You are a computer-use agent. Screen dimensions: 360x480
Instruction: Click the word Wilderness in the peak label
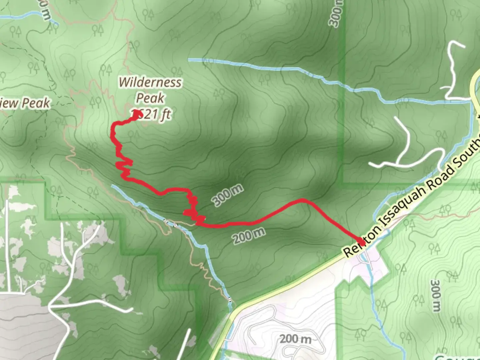[150, 82]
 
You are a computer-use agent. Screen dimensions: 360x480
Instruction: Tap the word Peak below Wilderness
[150, 98]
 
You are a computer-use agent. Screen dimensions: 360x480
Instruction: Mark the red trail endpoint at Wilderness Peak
[138, 114]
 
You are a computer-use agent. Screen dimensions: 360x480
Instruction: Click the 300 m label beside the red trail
[228, 196]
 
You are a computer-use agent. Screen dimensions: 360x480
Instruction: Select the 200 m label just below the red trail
[249, 236]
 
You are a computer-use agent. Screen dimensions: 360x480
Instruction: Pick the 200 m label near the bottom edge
[295, 339]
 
